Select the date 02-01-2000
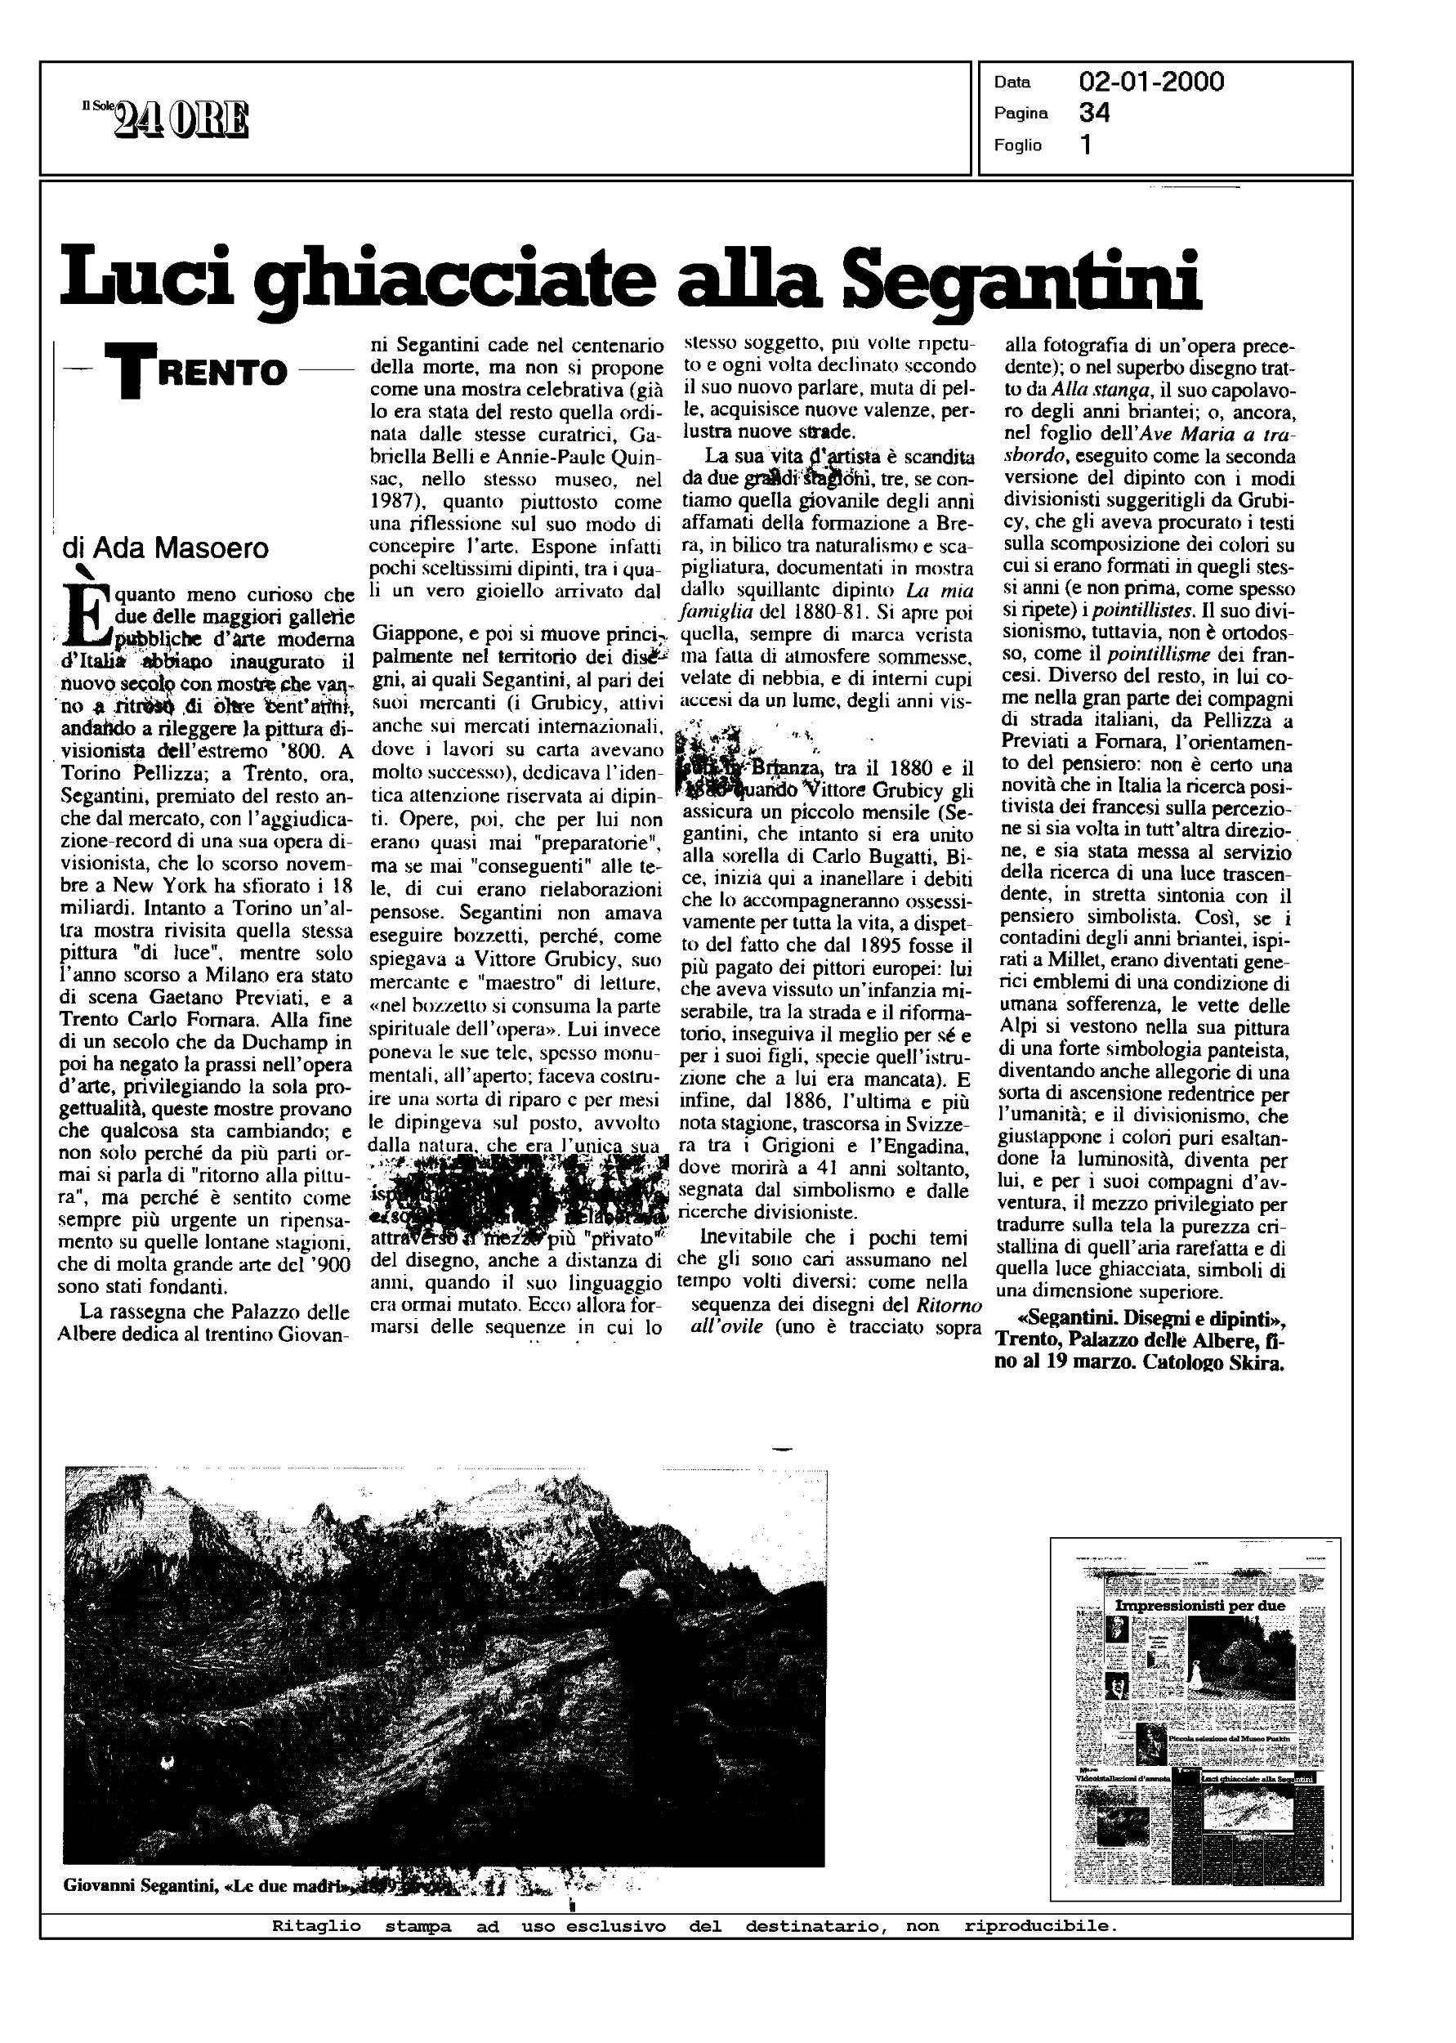1151,83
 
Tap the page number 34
1095,114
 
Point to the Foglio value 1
1087,145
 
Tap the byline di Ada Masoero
166,548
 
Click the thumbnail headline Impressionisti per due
1199,1606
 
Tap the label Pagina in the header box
1021,114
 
